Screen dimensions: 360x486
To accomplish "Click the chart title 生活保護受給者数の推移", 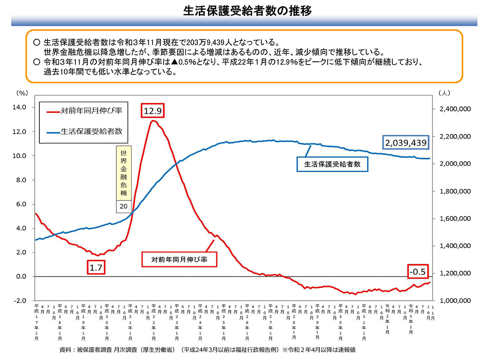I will (x=247, y=11).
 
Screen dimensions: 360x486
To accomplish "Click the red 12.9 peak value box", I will (x=152, y=111).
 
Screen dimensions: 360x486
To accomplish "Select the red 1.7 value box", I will (x=96, y=268).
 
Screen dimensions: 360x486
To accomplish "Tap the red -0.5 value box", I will (x=418, y=272).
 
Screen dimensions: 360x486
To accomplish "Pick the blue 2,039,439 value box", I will (x=406, y=143).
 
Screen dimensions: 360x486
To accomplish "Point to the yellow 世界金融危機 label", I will (x=123, y=173).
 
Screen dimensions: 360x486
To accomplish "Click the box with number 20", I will (x=123, y=206).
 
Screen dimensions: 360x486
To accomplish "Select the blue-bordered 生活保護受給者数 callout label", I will (x=332, y=164).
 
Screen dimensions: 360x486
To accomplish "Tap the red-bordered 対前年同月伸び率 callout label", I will (x=179, y=259).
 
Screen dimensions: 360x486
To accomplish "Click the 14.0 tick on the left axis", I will (x=20, y=107).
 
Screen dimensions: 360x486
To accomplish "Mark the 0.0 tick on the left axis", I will (x=21, y=276).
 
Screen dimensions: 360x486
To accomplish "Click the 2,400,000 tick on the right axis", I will (x=455, y=109).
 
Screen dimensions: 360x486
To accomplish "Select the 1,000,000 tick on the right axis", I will (x=455, y=301).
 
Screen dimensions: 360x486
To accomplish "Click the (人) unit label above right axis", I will (x=444, y=93).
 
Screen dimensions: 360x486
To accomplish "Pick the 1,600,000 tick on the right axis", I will (x=455, y=219).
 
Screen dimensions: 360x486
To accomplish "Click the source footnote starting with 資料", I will (x=207, y=350).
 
